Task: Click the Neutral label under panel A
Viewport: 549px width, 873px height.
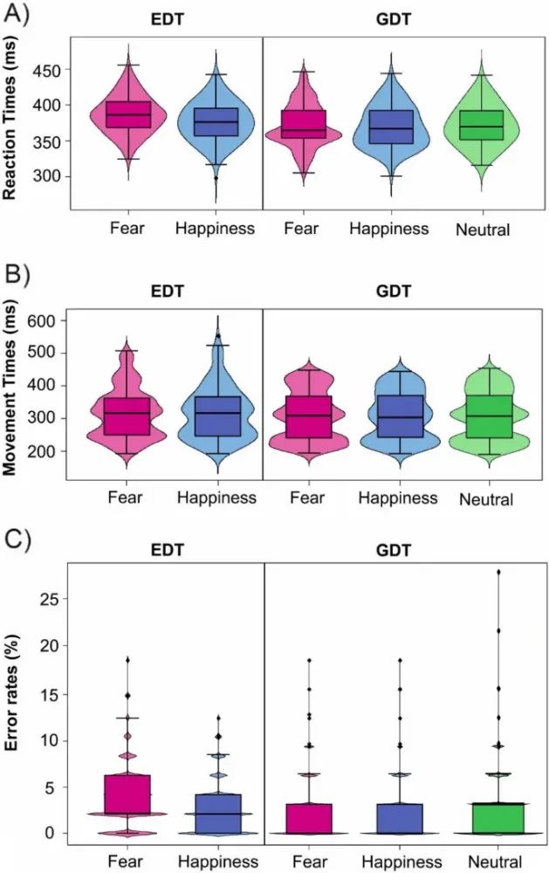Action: (x=482, y=230)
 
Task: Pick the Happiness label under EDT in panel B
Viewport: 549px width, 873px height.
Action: (x=216, y=498)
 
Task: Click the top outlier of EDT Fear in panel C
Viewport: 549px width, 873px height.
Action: (x=128, y=660)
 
